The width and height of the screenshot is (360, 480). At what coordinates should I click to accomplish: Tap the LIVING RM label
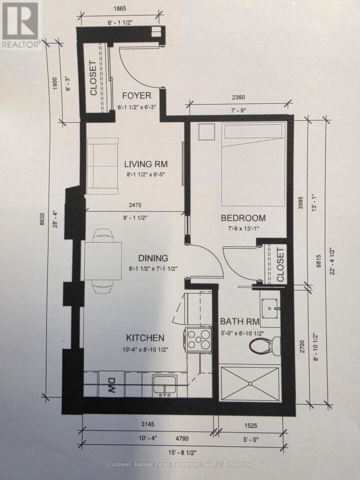click(146, 163)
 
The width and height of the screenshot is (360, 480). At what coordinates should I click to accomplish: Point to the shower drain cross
click(249, 383)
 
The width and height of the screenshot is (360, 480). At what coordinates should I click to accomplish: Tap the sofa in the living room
click(103, 165)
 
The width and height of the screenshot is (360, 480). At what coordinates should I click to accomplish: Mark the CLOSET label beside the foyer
click(93, 78)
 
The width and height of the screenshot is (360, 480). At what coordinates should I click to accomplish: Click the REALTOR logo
click(20, 25)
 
